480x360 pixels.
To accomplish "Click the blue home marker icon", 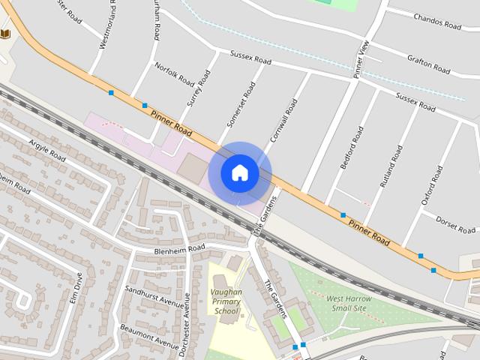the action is pyautogui.click(x=239, y=173).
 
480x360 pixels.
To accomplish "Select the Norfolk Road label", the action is pyautogui.click(x=175, y=73).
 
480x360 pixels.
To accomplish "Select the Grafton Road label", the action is pyautogui.click(x=428, y=64).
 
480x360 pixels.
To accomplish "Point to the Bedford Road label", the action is pyautogui.click(x=351, y=147).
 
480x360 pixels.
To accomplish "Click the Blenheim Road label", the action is pyautogui.click(x=179, y=248).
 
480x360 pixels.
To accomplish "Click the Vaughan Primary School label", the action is pyautogui.click(x=226, y=301).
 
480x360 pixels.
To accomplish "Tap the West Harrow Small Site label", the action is pyautogui.click(x=349, y=303).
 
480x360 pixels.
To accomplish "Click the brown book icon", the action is pyautogui.click(x=5, y=34).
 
